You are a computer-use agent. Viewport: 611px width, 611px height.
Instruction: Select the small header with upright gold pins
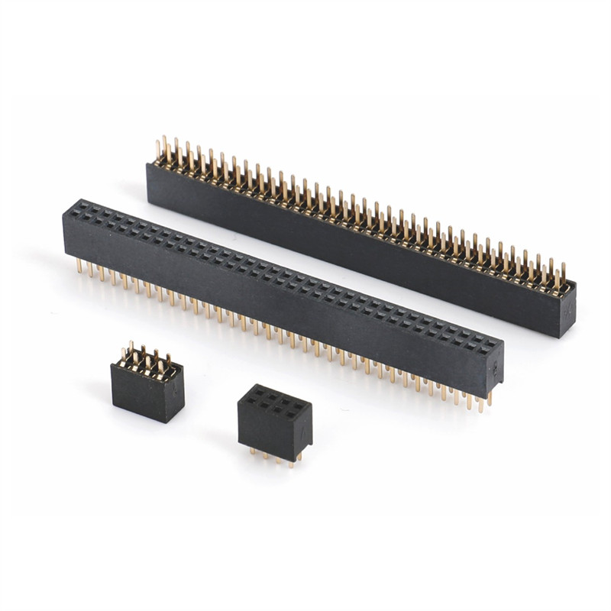coord(147,386)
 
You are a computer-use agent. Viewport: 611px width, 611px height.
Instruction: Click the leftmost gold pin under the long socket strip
coord(79,267)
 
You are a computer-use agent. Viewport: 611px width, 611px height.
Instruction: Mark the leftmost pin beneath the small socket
coord(252,452)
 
